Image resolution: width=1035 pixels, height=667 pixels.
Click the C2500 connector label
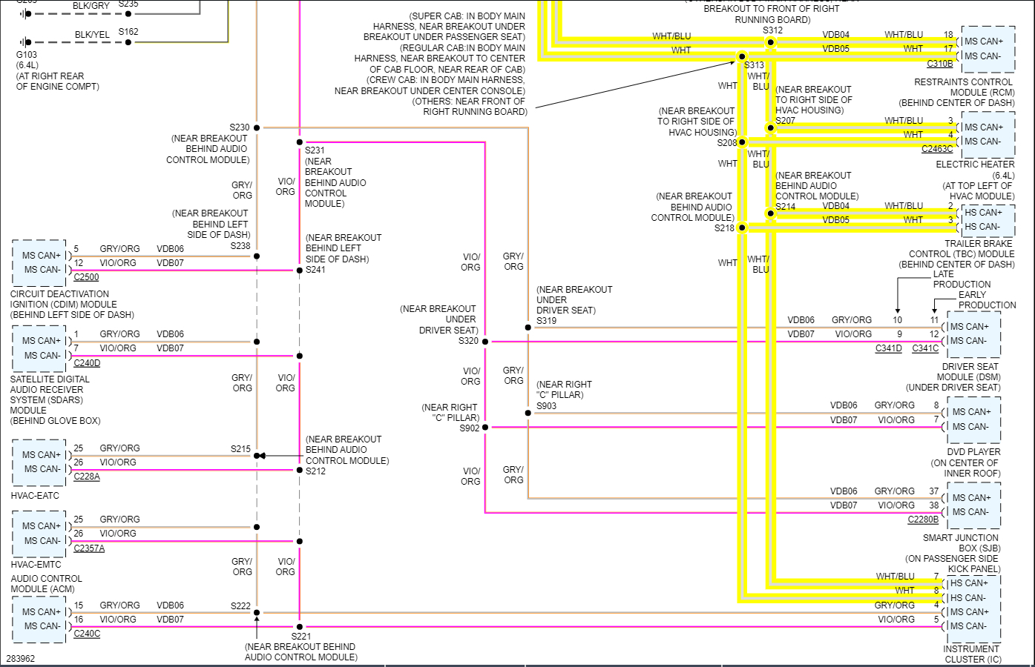point(86,277)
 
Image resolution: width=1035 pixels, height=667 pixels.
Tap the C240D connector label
point(87,363)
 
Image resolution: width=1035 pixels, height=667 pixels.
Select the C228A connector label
point(87,477)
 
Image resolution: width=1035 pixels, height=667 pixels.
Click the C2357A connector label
point(89,548)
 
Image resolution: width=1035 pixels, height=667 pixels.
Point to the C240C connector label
point(87,634)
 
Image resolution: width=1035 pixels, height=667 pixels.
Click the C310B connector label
point(939,64)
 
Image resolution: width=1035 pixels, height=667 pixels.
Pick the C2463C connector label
point(937,149)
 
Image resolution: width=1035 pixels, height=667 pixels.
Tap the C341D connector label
point(888,348)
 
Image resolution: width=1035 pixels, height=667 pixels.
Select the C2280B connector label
point(923,520)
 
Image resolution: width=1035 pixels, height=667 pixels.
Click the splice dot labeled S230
point(257,127)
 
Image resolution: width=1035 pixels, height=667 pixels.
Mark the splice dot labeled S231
point(300,142)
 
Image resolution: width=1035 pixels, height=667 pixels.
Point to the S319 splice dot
point(528,327)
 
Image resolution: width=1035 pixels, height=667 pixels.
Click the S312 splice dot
point(771,42)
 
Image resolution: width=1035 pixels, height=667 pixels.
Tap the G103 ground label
point(27,55)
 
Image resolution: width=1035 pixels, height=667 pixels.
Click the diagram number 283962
point(21,658)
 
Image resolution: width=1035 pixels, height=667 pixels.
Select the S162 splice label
point(128,32)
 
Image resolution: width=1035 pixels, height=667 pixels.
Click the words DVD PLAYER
point(973,452)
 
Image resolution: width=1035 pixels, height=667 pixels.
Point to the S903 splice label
point(546,406)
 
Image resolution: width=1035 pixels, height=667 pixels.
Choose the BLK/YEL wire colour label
point(92,35)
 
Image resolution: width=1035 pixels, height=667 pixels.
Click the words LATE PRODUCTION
point(962,279)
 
